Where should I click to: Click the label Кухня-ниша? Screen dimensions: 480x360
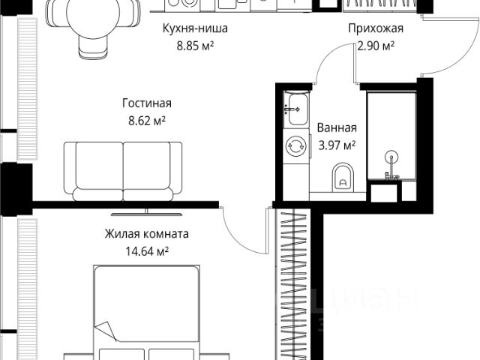(x=195, y=28)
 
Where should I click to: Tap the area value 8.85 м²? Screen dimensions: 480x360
(x=195, y=46)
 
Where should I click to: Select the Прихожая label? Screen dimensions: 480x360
(x=376, y=28)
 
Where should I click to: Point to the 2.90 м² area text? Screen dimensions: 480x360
(x=376, y=46)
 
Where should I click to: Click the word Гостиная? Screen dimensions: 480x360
(x=147, y=103)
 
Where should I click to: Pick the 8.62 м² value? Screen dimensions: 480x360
(x=147, y=121)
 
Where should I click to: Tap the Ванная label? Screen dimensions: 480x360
(x=337, y=127)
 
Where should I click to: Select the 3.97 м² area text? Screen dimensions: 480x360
(x=337, y=145)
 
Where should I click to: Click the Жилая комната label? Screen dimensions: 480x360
(x=147, y=234)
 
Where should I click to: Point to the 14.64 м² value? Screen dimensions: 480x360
(x=147, y=252)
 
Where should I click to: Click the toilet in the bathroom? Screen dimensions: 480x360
(x=343, y=177)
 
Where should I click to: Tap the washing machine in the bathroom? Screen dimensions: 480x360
(x=296, y=145)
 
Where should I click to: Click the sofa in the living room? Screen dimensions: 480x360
(x=123, y=172)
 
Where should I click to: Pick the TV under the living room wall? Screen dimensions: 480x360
(x=147, y=213)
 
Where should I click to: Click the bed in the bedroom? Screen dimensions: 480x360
(x=147, y=312)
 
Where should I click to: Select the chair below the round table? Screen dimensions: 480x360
(x=93, y=46)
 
